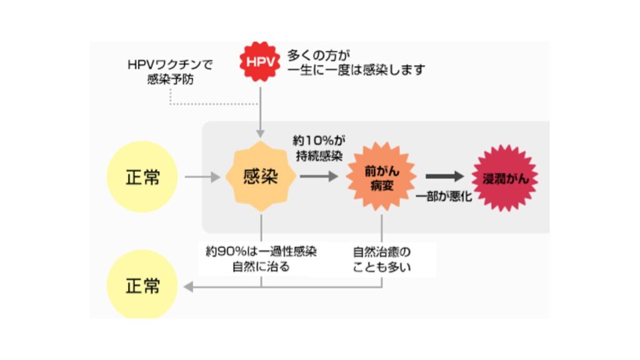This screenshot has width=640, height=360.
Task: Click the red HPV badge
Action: [260, 61]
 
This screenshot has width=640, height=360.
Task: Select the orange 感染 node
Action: [260, 177]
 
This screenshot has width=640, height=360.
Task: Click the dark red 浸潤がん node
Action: [505, 178]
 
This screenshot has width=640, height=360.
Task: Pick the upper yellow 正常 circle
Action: [142, 177]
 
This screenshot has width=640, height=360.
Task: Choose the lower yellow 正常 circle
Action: [142, 286]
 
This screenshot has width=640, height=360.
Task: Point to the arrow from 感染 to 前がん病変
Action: [319, 177]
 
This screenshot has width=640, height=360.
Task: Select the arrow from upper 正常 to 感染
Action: [202, 177]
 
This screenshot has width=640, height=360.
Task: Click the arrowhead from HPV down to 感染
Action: [260, 133]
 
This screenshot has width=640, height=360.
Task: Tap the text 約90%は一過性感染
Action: [261, 252]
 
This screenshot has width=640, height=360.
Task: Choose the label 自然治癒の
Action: [382, 252]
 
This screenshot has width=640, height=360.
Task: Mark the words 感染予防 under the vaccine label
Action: [170, 80]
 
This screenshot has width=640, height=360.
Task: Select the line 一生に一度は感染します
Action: [356, 70]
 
